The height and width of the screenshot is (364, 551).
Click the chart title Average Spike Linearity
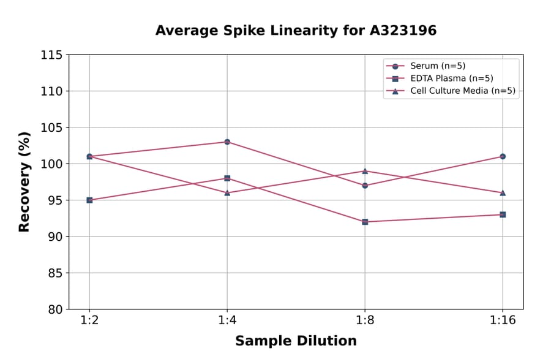point(296,31)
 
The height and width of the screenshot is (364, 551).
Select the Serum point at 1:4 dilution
point(227,142)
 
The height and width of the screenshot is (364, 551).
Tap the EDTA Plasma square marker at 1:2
point(89,200)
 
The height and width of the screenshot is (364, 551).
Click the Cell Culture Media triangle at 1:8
point(365,171)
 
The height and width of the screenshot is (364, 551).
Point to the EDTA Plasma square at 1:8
point(365,222)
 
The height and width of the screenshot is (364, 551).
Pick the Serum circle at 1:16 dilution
point(503,156)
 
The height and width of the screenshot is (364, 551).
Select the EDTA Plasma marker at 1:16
point(503,214)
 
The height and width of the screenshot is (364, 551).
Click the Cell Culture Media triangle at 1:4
point(227,192)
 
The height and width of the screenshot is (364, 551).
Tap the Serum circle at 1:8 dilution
point(365,185)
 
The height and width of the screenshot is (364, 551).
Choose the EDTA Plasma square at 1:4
point(227,178)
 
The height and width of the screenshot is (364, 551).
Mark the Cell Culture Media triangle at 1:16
point(503,192)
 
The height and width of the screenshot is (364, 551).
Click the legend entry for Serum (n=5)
point(433,66)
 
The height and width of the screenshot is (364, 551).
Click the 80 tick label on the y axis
point(55,309)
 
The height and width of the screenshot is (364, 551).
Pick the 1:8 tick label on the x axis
point(365,321)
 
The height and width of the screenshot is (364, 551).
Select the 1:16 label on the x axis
point(503,321)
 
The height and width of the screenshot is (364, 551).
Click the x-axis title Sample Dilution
point(296,341)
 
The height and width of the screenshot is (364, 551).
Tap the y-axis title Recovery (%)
point(24,182)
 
